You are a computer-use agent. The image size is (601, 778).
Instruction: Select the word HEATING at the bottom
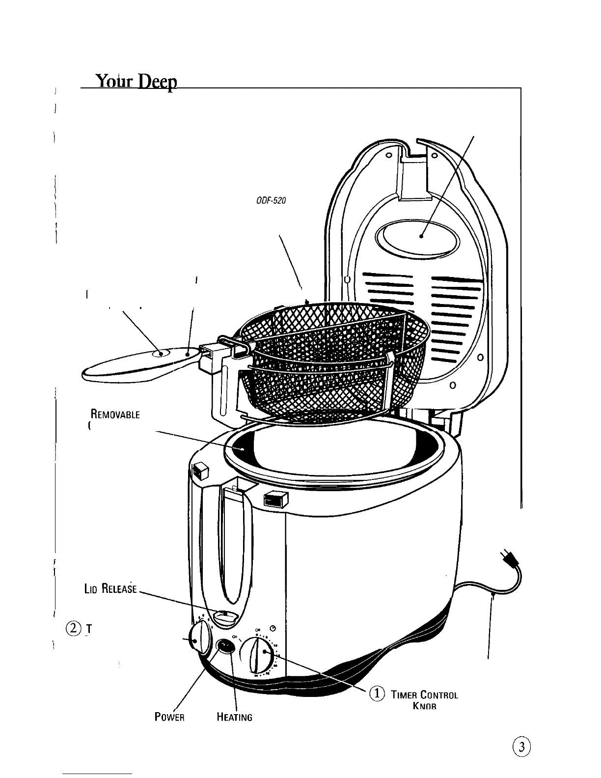234,717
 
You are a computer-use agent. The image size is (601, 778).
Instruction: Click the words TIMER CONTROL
424,695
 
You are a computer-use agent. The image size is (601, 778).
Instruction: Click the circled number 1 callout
377,694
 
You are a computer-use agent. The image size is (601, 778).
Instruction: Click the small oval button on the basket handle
161,354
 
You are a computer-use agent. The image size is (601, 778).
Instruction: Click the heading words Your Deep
136,81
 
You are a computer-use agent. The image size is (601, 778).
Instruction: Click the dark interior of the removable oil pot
241,448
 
